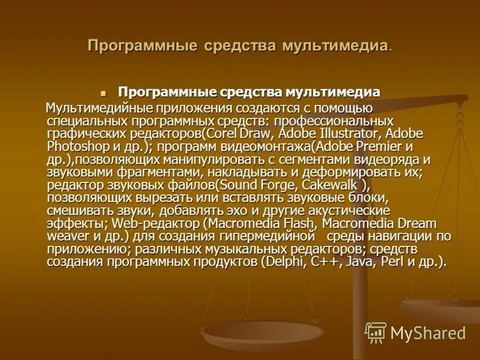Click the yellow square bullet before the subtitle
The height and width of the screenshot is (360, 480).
[x=103, y=94]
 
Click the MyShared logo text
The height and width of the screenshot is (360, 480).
[x=428, y=333]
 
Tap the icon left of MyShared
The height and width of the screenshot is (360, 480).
[x=376, y=332]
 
